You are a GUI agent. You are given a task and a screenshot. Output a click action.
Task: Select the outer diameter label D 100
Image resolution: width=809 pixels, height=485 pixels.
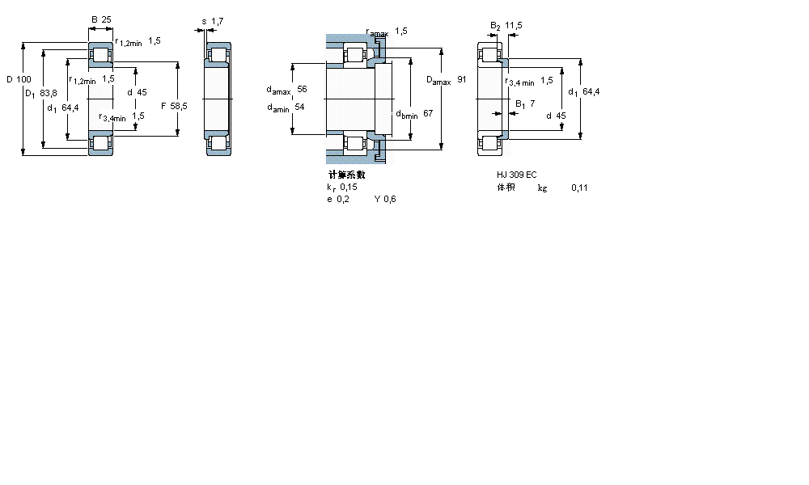click(x=19, y=79)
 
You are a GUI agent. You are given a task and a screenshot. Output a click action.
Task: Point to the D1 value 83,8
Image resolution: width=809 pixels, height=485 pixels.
click(x=48, y=94)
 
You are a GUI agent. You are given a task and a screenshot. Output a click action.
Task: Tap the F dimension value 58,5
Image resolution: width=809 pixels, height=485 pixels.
click(x=174, y=106)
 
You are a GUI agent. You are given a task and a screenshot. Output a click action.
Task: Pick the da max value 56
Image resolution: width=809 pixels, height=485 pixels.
click(x=302, y=89)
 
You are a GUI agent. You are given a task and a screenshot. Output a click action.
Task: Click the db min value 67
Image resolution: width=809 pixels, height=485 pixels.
click(x=428, y=113)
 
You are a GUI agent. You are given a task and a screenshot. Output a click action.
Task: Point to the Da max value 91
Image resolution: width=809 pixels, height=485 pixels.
click(x=462, y=79)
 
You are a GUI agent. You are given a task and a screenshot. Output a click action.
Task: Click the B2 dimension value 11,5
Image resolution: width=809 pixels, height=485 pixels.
click(x=514, y=25)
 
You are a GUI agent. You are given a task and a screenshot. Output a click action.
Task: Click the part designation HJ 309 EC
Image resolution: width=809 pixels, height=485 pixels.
click(x=517, y=175)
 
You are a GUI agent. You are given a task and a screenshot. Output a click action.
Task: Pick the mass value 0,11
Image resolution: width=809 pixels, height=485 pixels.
click(x=579, y=188)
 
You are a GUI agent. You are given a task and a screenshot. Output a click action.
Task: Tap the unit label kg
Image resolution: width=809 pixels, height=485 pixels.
click(x=542, y=188)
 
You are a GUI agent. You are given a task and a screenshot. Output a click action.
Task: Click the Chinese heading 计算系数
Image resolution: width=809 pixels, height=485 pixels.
click(x=346, y=175)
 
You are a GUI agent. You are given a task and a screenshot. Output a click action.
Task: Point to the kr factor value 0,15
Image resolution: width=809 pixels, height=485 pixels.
click(x=349, y=187)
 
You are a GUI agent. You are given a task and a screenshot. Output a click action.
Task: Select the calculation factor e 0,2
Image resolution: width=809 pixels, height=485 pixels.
click(x=337, y=200)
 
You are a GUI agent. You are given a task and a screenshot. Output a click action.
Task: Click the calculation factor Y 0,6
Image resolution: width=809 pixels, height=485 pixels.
click(x=385, y=200)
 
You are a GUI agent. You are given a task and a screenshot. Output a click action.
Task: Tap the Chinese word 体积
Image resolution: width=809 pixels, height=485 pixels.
click(x=506, y=188)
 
